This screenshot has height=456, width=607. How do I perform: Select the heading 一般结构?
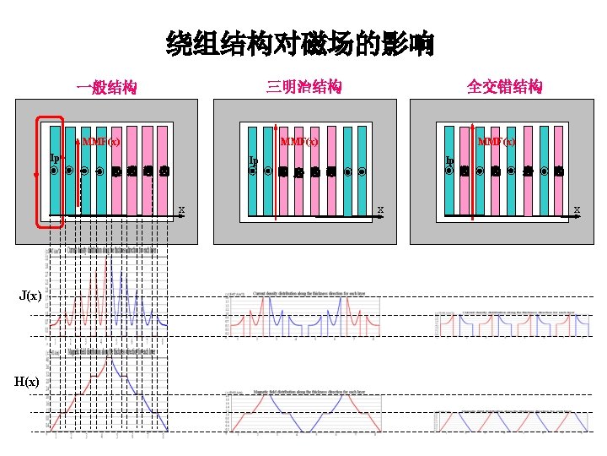tap(106, 87)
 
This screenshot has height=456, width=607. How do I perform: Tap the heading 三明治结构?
tap(303, 86)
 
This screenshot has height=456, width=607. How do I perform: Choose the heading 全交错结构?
tap(505, 86)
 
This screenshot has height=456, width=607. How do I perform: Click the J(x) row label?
tap(30, 296)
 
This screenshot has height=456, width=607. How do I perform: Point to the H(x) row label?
tap(26, 382)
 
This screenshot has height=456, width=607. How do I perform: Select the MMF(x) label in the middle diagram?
tap(299, 141)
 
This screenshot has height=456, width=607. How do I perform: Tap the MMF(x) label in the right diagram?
tap(497, 141)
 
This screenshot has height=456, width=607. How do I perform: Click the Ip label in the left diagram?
tap(54, 157)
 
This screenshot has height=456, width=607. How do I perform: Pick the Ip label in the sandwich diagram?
tap(253, 160)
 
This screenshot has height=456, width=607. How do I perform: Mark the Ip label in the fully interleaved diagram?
tap(450, 160)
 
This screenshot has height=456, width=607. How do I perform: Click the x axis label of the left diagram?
tap(181, 209)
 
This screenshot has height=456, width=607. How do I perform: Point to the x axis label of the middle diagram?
tap(380, 209)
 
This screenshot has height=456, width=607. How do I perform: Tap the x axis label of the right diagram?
tap(577, 209)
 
